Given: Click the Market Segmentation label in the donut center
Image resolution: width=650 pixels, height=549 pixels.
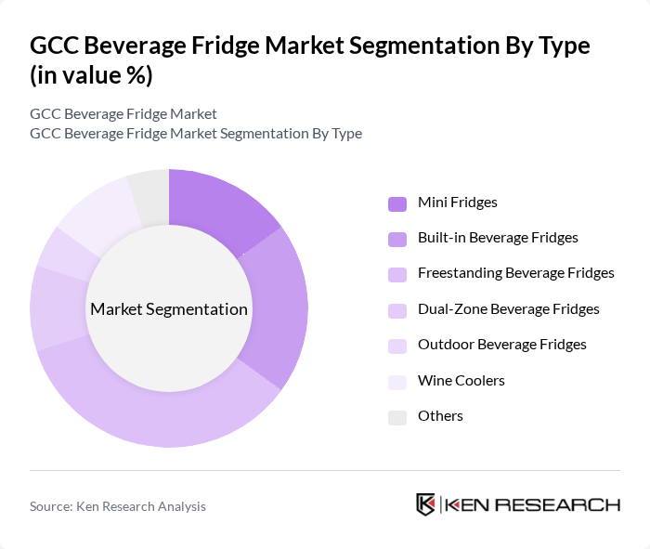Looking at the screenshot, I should [x=169, y=309].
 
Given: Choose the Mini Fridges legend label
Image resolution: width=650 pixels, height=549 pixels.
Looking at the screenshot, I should [x=458, y=202].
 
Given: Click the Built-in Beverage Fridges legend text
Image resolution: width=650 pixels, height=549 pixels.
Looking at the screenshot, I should [x=498, y=237].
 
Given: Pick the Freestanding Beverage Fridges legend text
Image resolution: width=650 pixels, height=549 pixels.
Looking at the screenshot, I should [x=516, y=273].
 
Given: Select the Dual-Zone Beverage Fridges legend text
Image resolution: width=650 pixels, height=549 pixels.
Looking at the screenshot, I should [x=509, y=308].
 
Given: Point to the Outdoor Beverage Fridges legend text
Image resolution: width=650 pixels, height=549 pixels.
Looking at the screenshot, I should [x=502, y=344].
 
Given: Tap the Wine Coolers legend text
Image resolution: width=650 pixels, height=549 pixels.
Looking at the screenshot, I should [x=461, y=380].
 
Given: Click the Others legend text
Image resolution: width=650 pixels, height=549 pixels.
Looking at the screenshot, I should [x=440, y=415].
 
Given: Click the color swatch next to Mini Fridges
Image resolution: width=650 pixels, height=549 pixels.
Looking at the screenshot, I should [x=397, y=203].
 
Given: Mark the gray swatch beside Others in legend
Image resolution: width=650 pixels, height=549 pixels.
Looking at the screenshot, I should [x=397, y=417].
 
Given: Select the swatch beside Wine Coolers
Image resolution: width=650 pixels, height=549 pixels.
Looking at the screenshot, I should [x=397, y=382].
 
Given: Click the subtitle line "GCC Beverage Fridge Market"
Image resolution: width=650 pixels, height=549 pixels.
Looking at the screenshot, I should [x=123, y=113].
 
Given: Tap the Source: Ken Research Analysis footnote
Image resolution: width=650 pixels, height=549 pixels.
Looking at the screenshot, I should [x=118, y=506].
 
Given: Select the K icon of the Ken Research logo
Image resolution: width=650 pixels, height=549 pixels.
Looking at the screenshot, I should [x=426, y=504].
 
